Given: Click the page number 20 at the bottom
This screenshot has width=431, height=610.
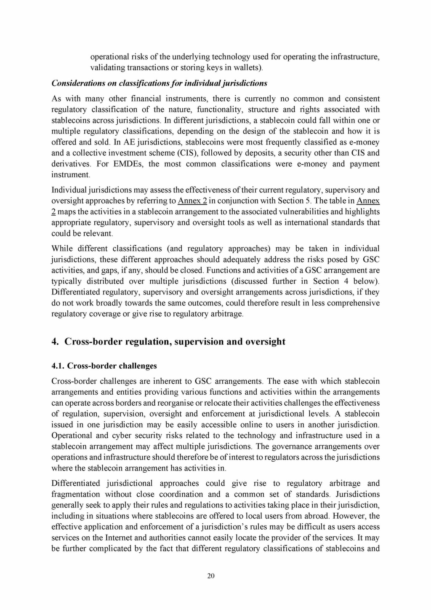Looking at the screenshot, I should (211, 576).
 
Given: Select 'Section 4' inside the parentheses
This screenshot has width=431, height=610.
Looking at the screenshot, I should (326, 281).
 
